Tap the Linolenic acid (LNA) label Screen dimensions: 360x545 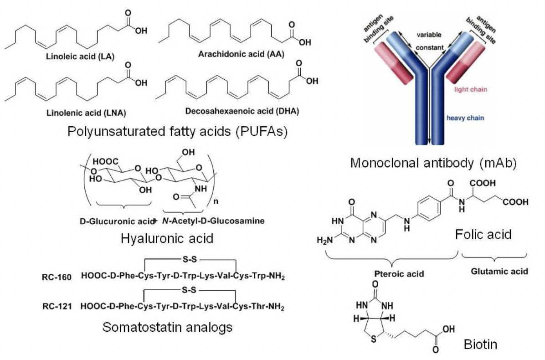[x=79, y=112]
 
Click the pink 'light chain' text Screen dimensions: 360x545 [x=471, y=89]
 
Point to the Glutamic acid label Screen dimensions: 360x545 [x=499, y=271]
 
